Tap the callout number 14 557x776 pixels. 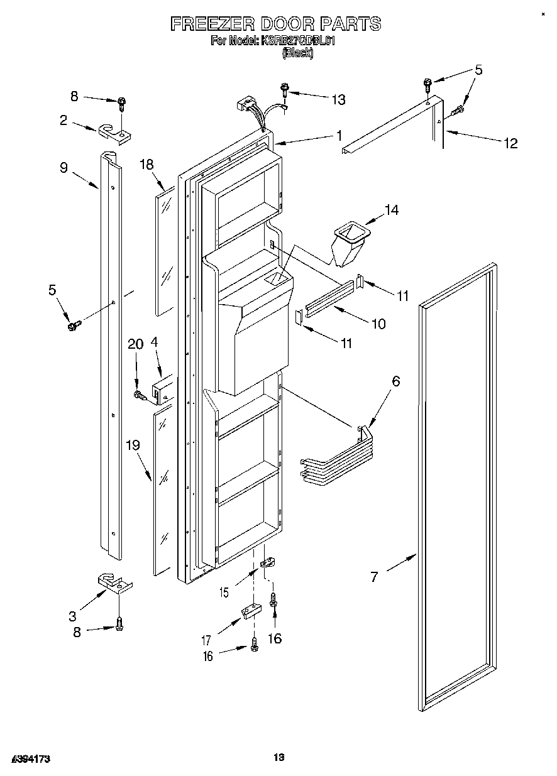[391, 210]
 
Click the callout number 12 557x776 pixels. [510, 143]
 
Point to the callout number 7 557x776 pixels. [375, 577]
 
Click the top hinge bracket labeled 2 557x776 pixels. [114, 131]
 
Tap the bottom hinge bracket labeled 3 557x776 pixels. [115, 583]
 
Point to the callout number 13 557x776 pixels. [338, 99]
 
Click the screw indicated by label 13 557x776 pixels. [285, 90]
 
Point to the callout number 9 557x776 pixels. [63, 168]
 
